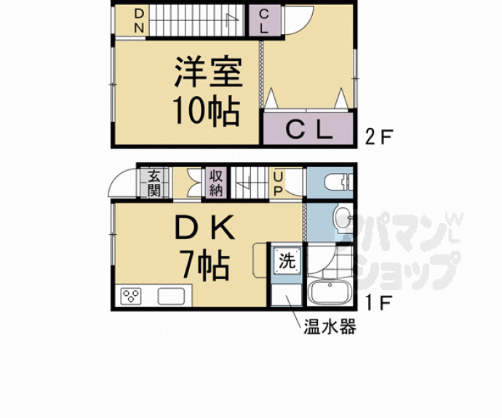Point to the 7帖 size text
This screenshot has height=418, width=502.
tap(206, 265)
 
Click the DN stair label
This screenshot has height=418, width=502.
tap(138, 21)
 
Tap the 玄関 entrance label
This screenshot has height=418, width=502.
tap(154, 183)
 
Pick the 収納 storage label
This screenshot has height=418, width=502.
tap(216, 183)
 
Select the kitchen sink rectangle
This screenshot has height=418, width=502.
tap(172, 296)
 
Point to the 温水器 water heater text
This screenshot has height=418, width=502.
tap(330, 327)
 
